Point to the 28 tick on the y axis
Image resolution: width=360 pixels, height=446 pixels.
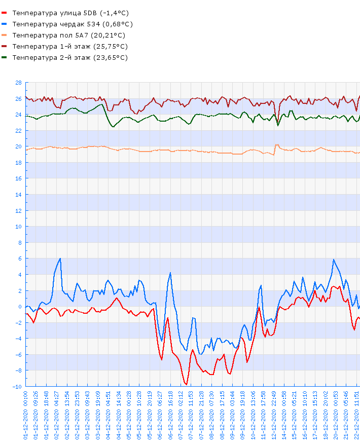(18, 83)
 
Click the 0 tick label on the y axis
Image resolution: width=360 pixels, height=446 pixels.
(20, 307)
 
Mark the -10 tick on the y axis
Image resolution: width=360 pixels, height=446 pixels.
(17, 387)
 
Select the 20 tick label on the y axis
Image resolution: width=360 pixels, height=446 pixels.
(18, 146)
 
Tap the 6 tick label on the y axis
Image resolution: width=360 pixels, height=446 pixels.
(20, 258)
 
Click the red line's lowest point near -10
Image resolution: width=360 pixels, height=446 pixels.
(186, 385)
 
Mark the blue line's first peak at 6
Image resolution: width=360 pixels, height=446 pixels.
(60, 258)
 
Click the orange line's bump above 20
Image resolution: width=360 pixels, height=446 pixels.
(276, 145)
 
